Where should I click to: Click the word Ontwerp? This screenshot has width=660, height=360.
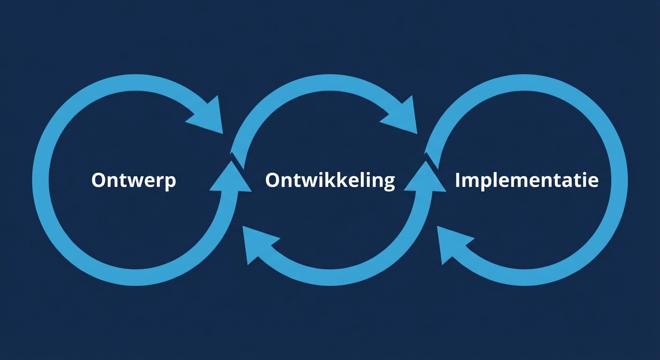tap(134, 180)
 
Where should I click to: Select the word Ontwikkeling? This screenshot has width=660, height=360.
tap(330, 181)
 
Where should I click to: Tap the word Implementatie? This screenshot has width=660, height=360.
tap(526, 180)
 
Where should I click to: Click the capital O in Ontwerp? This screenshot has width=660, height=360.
tap(99, 180)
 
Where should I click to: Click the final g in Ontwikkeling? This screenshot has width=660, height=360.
tap(389, 183)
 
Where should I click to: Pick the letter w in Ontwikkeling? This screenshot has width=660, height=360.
tap(306, 181)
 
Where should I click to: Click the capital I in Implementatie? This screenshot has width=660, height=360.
tap(458, 180)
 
